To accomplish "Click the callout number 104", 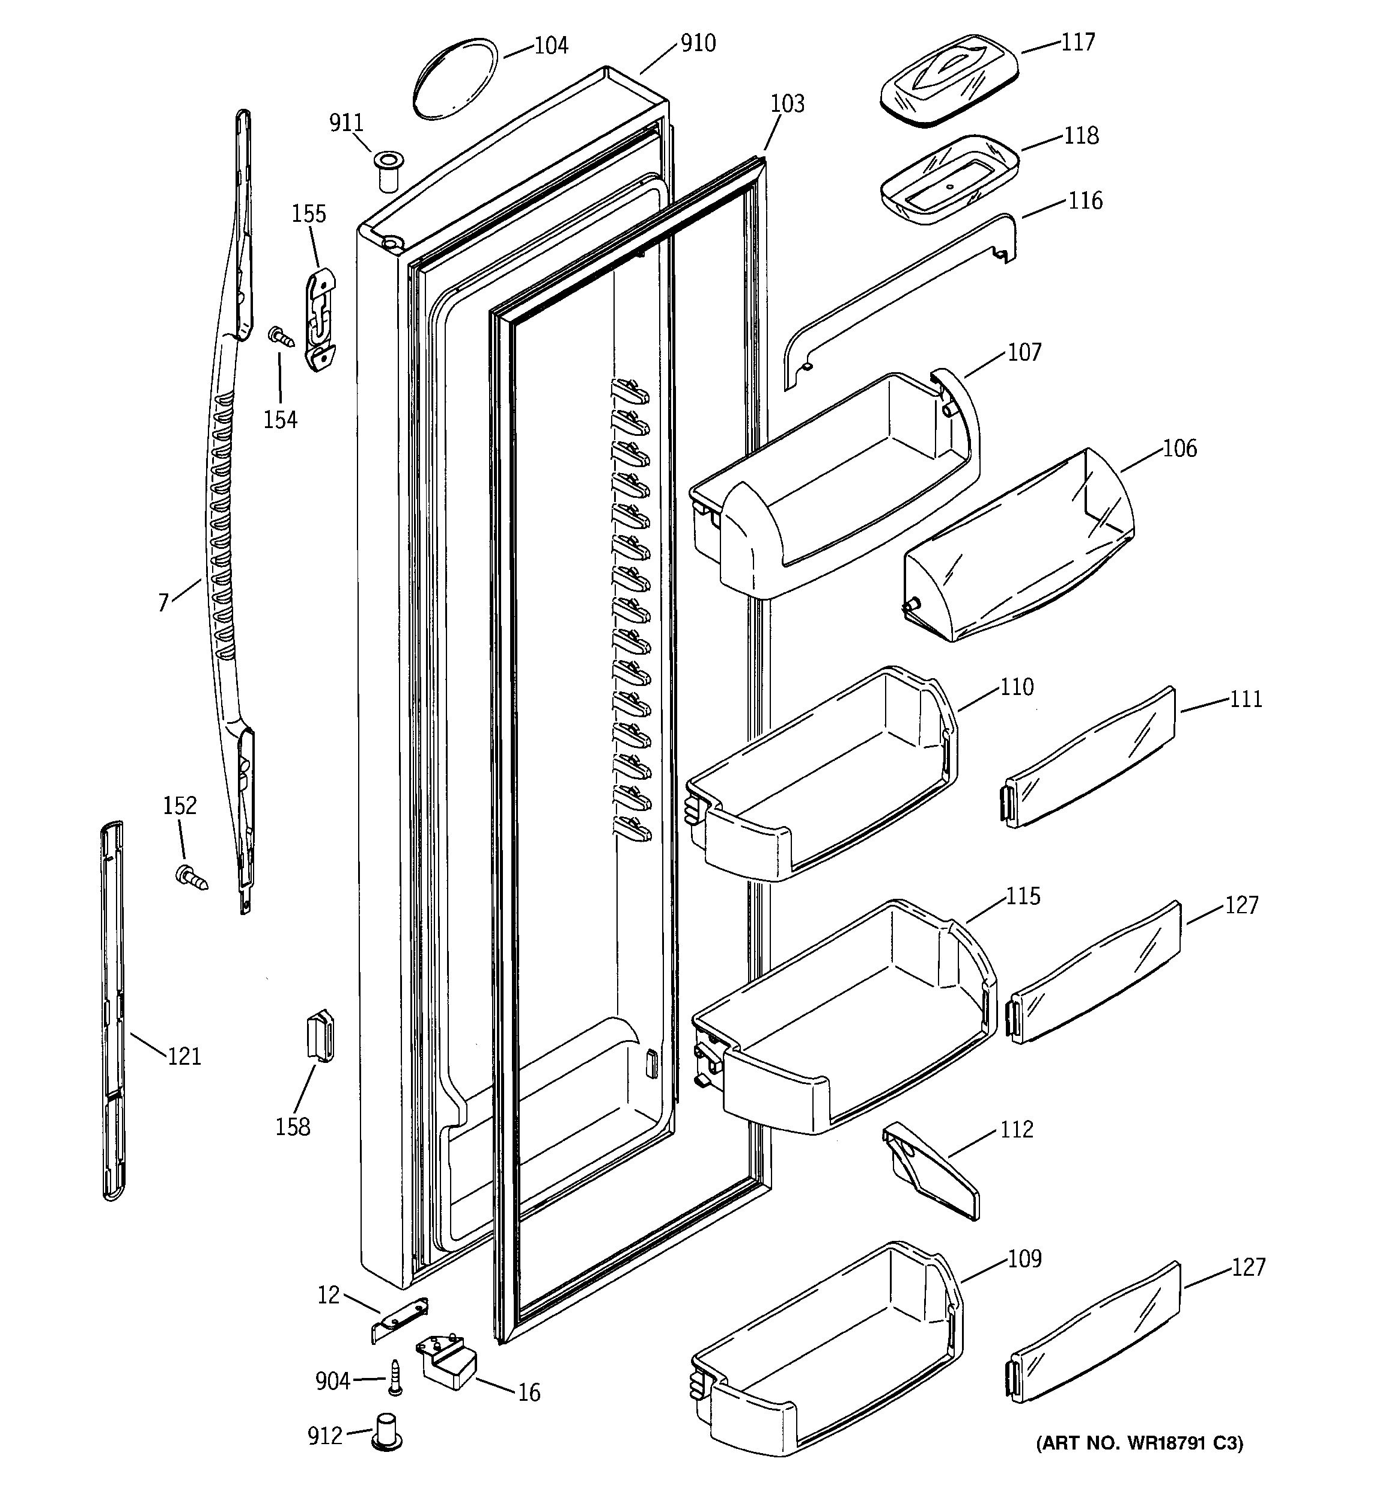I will (x=551, y=46).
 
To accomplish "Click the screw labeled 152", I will (x=192, y=877).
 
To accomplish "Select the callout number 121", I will (x=184, y=1056).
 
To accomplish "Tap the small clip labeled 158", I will (x=320, y=1035).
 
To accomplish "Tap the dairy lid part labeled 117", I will (x=949, y=80).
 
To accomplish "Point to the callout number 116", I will (x=1085, y=201).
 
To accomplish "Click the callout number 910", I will (x=698, y=43).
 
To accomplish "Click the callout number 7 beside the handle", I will (x=163, y=602).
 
